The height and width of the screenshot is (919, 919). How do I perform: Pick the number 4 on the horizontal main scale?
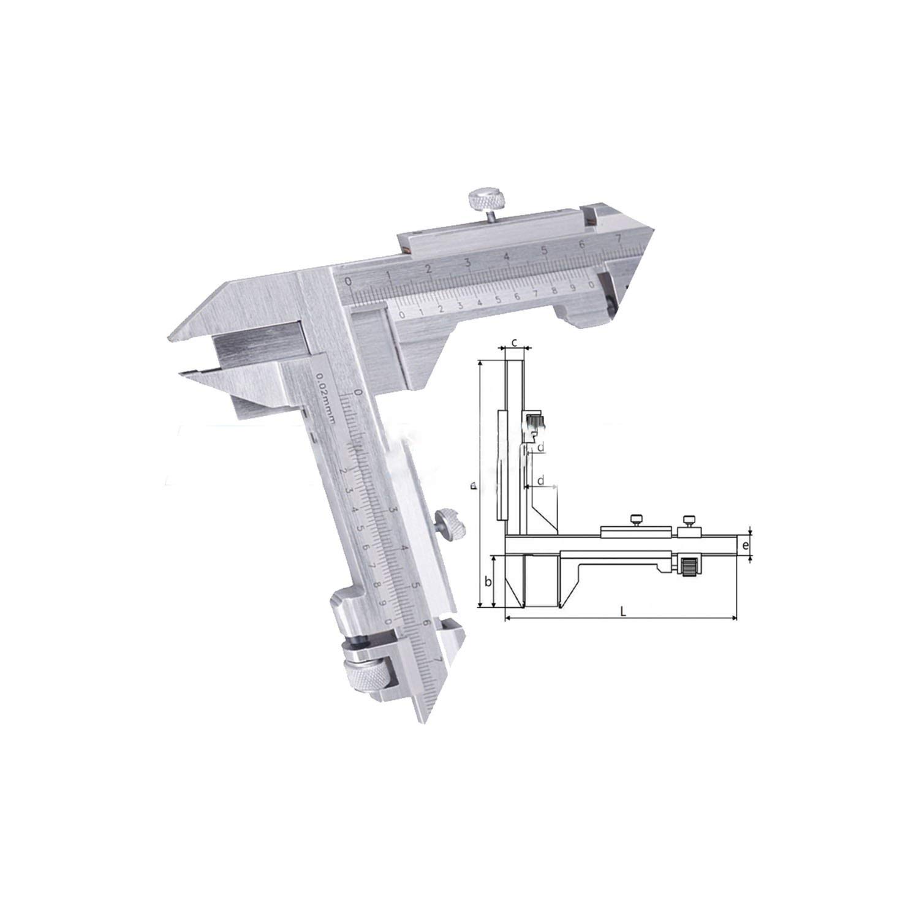click(x=506, y=257)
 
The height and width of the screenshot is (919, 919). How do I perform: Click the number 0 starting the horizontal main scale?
click(x=349, y=282)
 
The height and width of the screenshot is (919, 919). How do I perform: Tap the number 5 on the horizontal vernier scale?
click(x=497, y=300)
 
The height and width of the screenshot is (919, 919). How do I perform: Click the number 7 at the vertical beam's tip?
click(x=436, y=659)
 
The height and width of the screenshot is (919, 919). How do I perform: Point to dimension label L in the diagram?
click(x=622, y=611)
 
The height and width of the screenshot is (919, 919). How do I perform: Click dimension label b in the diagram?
click(x=488, y=581)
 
